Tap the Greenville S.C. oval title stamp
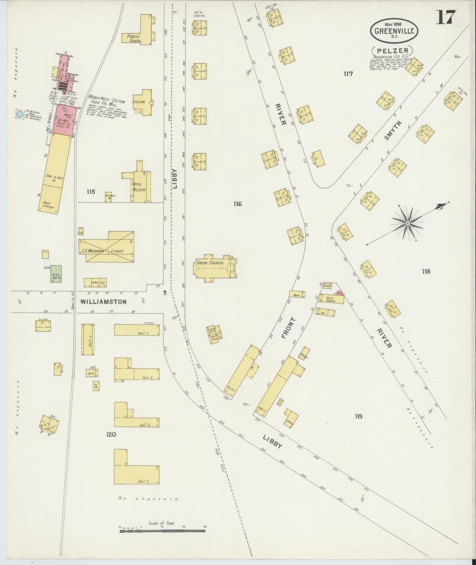click(394, 30)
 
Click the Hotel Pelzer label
click(139, 187)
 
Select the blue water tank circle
click(20, 114)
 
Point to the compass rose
click(407, 224)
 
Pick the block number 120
click(111, 434)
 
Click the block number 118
click(426, 271)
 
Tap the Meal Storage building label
click(49, 205)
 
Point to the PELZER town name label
click(392, 51)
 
